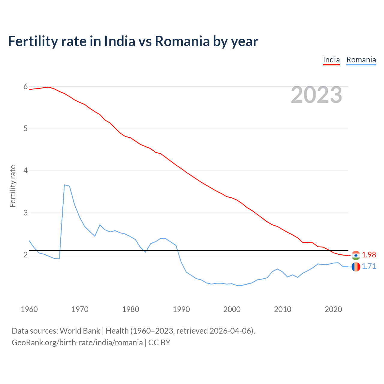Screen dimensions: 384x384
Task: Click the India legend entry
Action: tap(331, 60)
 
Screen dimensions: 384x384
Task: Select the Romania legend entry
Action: tap(361, 60)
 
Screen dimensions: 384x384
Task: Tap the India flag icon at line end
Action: tap(356, 255)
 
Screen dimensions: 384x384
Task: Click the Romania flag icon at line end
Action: tap(356, 267)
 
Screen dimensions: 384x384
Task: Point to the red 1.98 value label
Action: tap(369, 255)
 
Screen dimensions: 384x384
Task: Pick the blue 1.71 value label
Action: tap(369, 266)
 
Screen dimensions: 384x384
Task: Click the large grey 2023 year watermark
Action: tap(316, 95)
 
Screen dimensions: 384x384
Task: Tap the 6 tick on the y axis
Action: tap(25, 87)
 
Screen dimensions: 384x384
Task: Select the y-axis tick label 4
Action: tap(25, 171)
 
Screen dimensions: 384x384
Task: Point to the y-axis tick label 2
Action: tap(25, 255)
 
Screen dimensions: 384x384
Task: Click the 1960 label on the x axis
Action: tap(29, 309)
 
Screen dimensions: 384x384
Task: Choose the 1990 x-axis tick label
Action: tap(181, 309)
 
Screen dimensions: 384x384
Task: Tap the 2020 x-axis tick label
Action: tap(333, 309)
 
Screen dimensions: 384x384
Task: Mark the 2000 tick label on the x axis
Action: tap(232, 309)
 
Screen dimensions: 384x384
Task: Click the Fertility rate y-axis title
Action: tap(13, 186)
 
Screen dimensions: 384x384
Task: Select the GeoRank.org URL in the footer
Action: tap(77, 343)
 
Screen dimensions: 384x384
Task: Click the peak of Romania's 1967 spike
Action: tap(64, 185)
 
